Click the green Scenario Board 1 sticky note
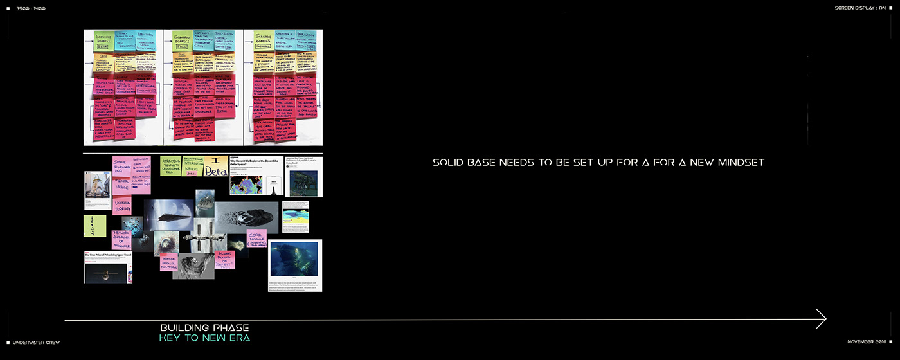tap(104, 41)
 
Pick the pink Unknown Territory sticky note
tap(123, 206)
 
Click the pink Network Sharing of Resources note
tap(122, 240)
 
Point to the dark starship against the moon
tap(168, 214)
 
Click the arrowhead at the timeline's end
tap(821, 319)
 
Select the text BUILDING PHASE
tap(204, 328)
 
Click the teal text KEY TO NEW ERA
tap(204, 338)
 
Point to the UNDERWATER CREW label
tap(36, 342)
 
